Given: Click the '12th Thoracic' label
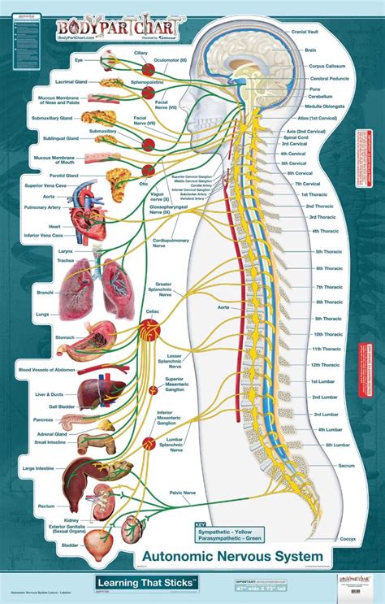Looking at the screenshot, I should pyautogui.click(x=326, y=364).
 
